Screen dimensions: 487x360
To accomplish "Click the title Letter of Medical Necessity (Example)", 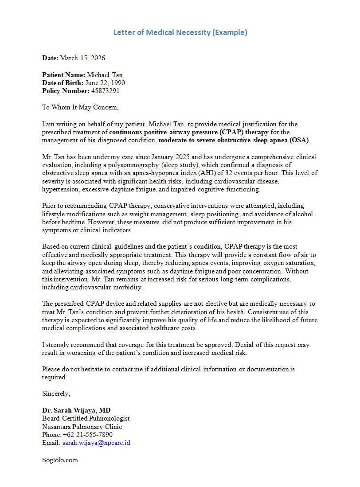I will tap(180, 32).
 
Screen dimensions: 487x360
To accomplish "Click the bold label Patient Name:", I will tap(63, 75).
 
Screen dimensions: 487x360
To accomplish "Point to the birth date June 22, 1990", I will tap(105, 83).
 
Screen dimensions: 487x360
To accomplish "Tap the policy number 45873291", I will tap(105, 91).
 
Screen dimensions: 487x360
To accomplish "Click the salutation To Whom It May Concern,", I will tap(80, 107).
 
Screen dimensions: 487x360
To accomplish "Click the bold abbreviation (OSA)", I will tap(300, 140).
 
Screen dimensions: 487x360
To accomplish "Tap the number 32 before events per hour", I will tap(242, 173).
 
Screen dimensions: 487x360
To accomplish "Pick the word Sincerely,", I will tap(56, 393).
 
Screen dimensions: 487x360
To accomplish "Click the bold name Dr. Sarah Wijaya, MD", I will tap(76, 410).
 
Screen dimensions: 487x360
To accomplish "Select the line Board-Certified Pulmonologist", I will tap(86, 418).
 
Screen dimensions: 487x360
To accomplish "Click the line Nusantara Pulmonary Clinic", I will tap(82, 427).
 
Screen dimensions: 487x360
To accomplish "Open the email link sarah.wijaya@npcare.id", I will tap(96, 443).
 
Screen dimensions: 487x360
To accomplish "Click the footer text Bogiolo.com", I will tap(60, 460).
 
